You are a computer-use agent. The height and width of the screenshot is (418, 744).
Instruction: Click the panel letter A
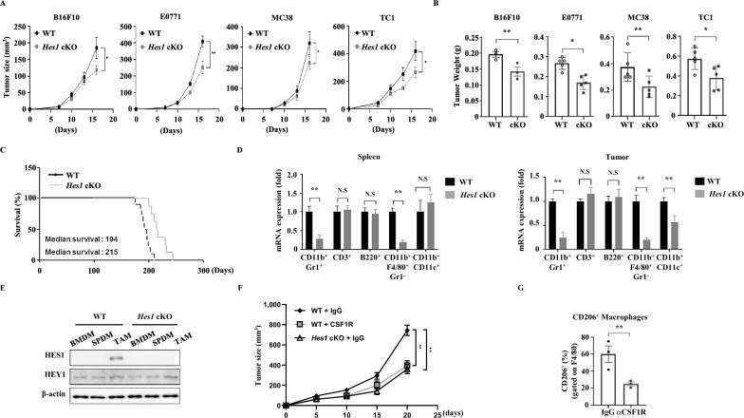[6, 6]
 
